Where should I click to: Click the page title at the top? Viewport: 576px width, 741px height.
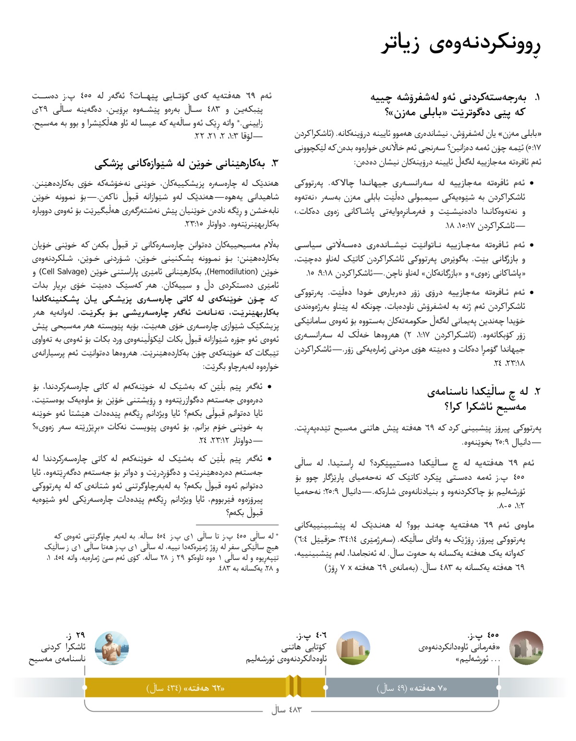click(461, 45)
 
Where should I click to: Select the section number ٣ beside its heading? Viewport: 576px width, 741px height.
click(275, 163)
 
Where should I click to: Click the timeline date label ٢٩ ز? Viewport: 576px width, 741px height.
click(76, 636)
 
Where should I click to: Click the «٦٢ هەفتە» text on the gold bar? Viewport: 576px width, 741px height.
click(186, 688)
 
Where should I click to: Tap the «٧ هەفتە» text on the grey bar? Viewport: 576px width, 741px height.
click(412, 688)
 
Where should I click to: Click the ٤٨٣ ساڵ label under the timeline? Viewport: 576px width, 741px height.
click(287, 709)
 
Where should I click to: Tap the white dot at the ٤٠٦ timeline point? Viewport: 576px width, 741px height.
click(325, 687)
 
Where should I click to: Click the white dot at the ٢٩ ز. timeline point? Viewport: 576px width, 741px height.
click(85, 687)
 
